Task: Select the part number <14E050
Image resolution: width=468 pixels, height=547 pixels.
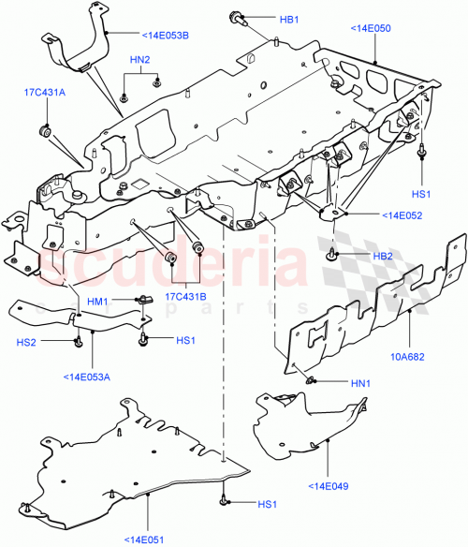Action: coord(372,29)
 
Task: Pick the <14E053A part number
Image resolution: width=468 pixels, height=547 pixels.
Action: coord(87,377)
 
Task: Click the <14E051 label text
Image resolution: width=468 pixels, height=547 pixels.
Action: coord(148,538)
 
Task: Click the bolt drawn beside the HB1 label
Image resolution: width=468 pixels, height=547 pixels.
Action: coord(235,18)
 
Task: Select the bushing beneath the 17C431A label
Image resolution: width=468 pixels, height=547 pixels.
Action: coord(44,128)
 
